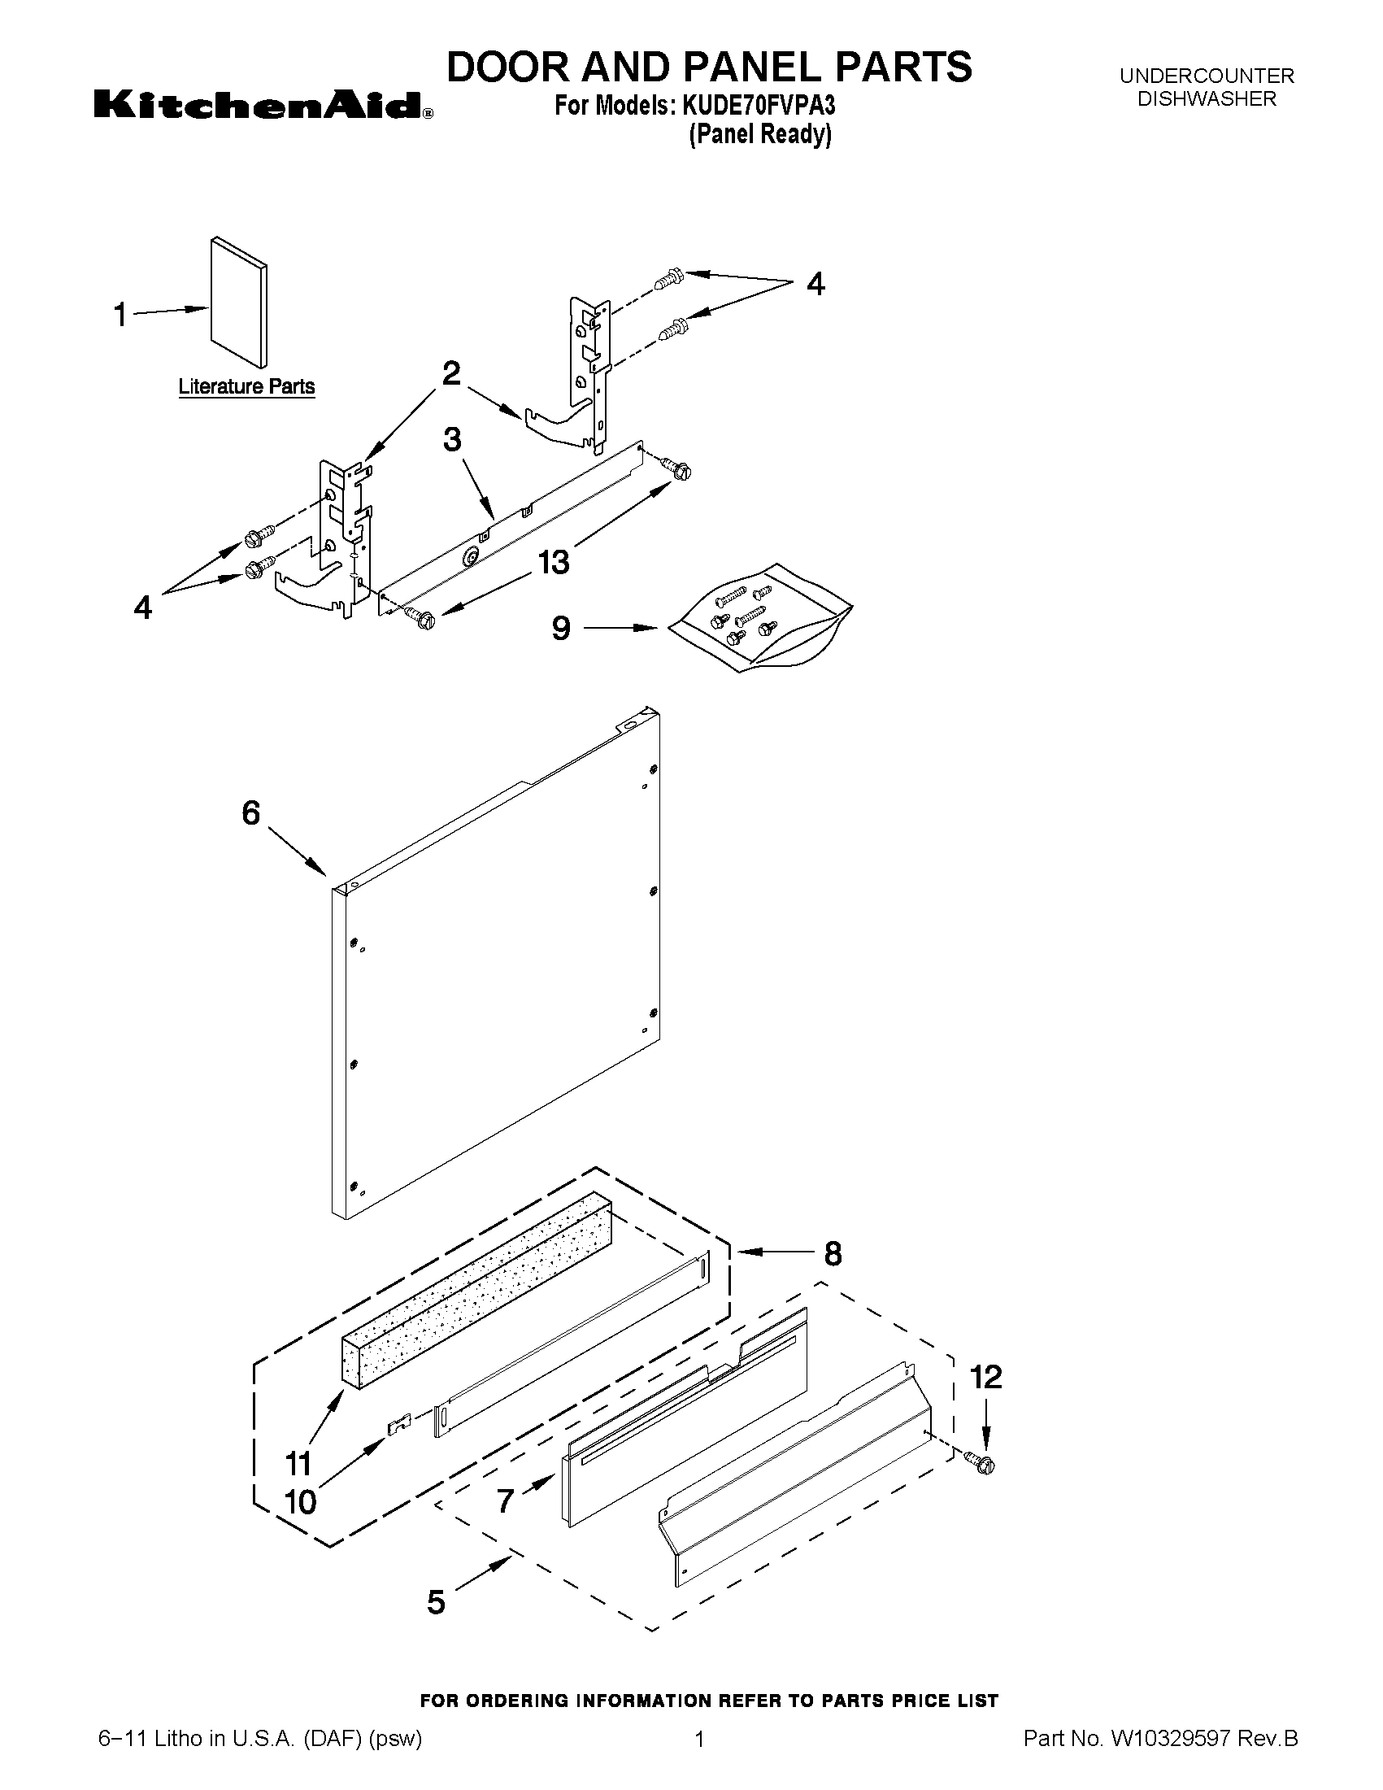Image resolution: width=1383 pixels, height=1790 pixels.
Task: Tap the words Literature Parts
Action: click(246, 386)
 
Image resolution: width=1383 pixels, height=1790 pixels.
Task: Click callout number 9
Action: click(560, 629)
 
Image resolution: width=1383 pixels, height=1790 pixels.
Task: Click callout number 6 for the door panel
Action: click(250, 813)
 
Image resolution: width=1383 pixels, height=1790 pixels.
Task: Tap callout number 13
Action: click(554, 562)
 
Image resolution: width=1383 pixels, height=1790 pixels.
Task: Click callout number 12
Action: click(985, 1378)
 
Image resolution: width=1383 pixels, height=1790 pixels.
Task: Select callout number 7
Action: click(506, 1500)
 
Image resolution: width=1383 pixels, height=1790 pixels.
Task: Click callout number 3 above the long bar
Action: click(452, 439)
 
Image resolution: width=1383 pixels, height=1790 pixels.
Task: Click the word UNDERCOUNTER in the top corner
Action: click(1206, 76)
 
